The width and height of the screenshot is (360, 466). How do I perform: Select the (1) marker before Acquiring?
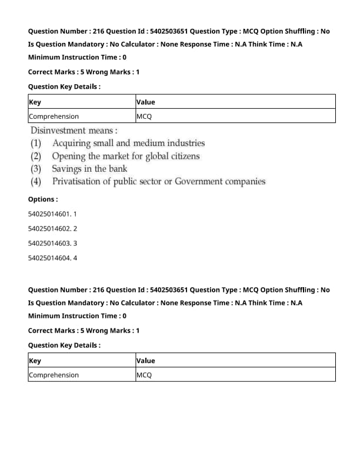pyautogui.click(x=36, y=143)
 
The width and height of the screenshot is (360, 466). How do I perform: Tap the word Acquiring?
pyautogui.click(x=71, y=143)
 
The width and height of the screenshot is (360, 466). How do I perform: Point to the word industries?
pyautogui.click(x=185, y=143)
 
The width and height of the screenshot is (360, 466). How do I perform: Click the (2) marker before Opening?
pyautogui.click(x=36, y=156)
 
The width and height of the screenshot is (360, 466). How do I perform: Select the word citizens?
pyautogui.click(x=181, y=156)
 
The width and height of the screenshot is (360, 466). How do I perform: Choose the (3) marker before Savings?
pyautogui.click(x=36, y=169)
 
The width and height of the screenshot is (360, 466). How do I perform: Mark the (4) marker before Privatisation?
pyautogui.click(x=36, y=182)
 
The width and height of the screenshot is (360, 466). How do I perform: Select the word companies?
pyautogui.click(x=247, y=182)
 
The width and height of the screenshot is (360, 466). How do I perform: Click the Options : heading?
pyautogui.click(x=43, y=199)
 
